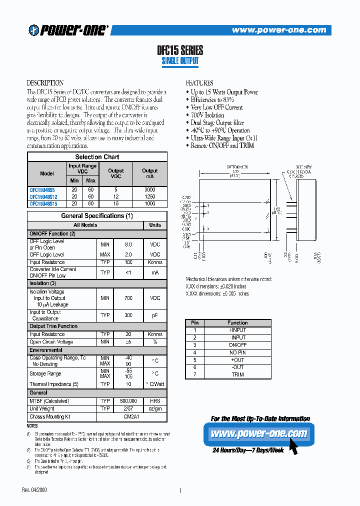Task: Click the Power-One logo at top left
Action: coord(68,30)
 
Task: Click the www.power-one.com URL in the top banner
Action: coord(278,30)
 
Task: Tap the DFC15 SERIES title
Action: coord(180,50)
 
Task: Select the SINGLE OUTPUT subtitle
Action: coord(180,61)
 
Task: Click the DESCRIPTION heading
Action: coord(45,83)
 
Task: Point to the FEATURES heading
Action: coord(199,83)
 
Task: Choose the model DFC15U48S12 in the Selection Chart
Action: coord(43,196)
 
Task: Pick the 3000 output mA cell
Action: coord(149,189)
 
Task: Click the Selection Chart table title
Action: coord(97,156)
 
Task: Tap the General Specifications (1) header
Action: coord(97,216)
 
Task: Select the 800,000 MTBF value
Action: coord(128,401)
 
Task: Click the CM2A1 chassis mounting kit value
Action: coord(128,416)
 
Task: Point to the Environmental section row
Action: coord(46,350)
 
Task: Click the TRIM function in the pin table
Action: coord(237,374)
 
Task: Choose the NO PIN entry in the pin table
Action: coord(237,352)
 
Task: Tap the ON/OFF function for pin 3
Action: coord(237,345)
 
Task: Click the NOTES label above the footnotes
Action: coord(32,426)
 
